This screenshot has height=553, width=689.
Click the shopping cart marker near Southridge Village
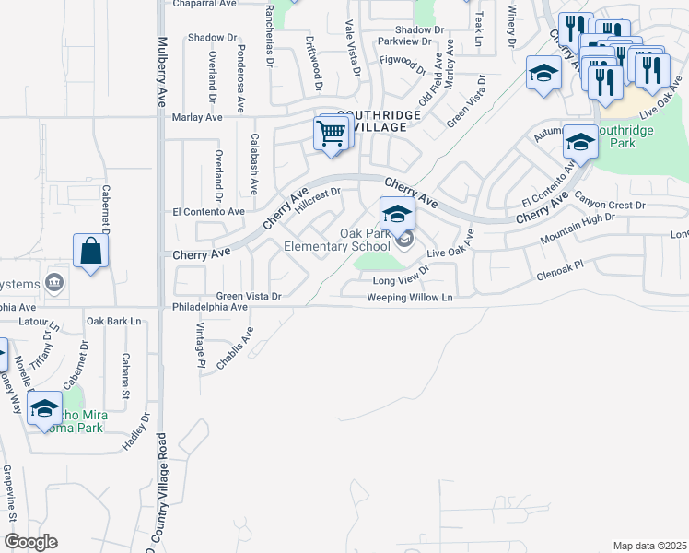click(332, 133)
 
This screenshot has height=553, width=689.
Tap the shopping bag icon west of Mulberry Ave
click(90, 251)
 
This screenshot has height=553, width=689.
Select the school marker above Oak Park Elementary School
click(397, 215)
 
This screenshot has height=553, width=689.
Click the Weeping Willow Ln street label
click(410, 298)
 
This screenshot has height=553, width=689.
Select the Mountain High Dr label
click(578, 228)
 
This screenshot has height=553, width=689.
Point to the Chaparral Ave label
click(204, 4)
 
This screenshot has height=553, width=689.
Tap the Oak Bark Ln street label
click(114, 321)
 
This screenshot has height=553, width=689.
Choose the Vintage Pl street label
click(200, 344)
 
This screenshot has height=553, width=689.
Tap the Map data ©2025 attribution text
click(649, 546)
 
